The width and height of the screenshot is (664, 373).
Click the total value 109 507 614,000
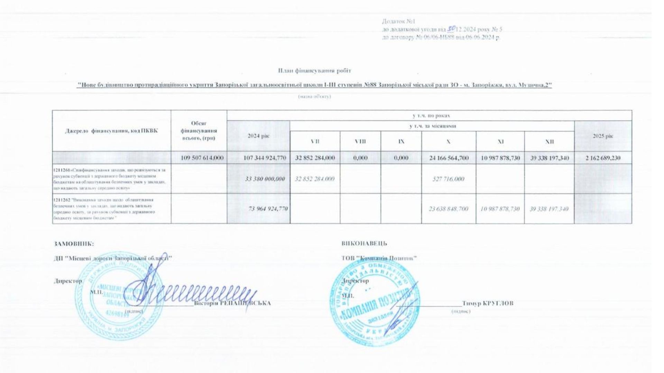click(x=202, y=158)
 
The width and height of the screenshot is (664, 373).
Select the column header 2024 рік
click(x=258, y=136)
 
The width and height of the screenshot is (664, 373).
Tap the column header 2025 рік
click(x=603, y=136)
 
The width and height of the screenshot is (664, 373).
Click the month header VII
click(x=315, y=142)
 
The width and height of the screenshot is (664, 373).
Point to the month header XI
click(x=500, y=142)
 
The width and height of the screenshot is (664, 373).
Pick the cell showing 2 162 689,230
click(x=603, y=158)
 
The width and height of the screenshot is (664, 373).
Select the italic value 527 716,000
click(x=448, y=179)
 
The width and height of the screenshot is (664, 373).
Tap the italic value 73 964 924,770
click(x=268, y=209)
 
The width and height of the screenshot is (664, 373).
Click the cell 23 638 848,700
click(x=449, y=209)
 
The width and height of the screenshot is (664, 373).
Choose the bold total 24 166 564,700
click(x=449, y=158)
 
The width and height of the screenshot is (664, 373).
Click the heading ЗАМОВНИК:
click(x=74, y=243)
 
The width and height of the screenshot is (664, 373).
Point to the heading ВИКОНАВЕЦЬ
click(x=364, y=243)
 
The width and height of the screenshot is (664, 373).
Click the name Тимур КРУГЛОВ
click(x=488, y=304)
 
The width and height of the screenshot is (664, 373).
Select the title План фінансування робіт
click(x=314, y=71)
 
